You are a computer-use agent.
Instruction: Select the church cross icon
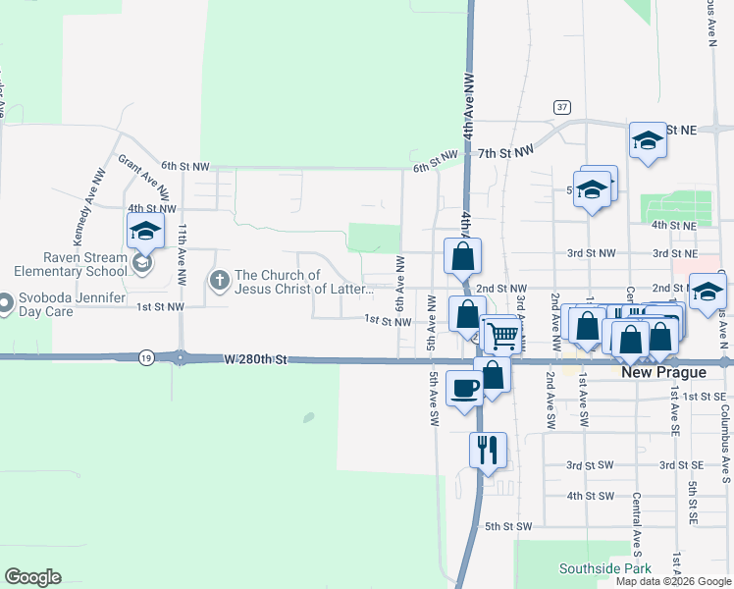[219, 282]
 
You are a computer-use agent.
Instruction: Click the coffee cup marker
[465, 388]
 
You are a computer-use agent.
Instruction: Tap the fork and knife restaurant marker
[488, 451]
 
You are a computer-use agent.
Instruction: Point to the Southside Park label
[605, 568]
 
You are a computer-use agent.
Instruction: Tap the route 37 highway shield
[561, 106]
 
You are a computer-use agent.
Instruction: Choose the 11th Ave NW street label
[183, 255]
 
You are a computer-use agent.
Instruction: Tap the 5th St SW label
[507, 527]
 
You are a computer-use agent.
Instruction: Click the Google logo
[32, 577]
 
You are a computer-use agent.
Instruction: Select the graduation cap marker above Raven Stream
[145, 233]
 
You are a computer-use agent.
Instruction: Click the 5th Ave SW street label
[433, 399]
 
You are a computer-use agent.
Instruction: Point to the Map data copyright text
[673, 581]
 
